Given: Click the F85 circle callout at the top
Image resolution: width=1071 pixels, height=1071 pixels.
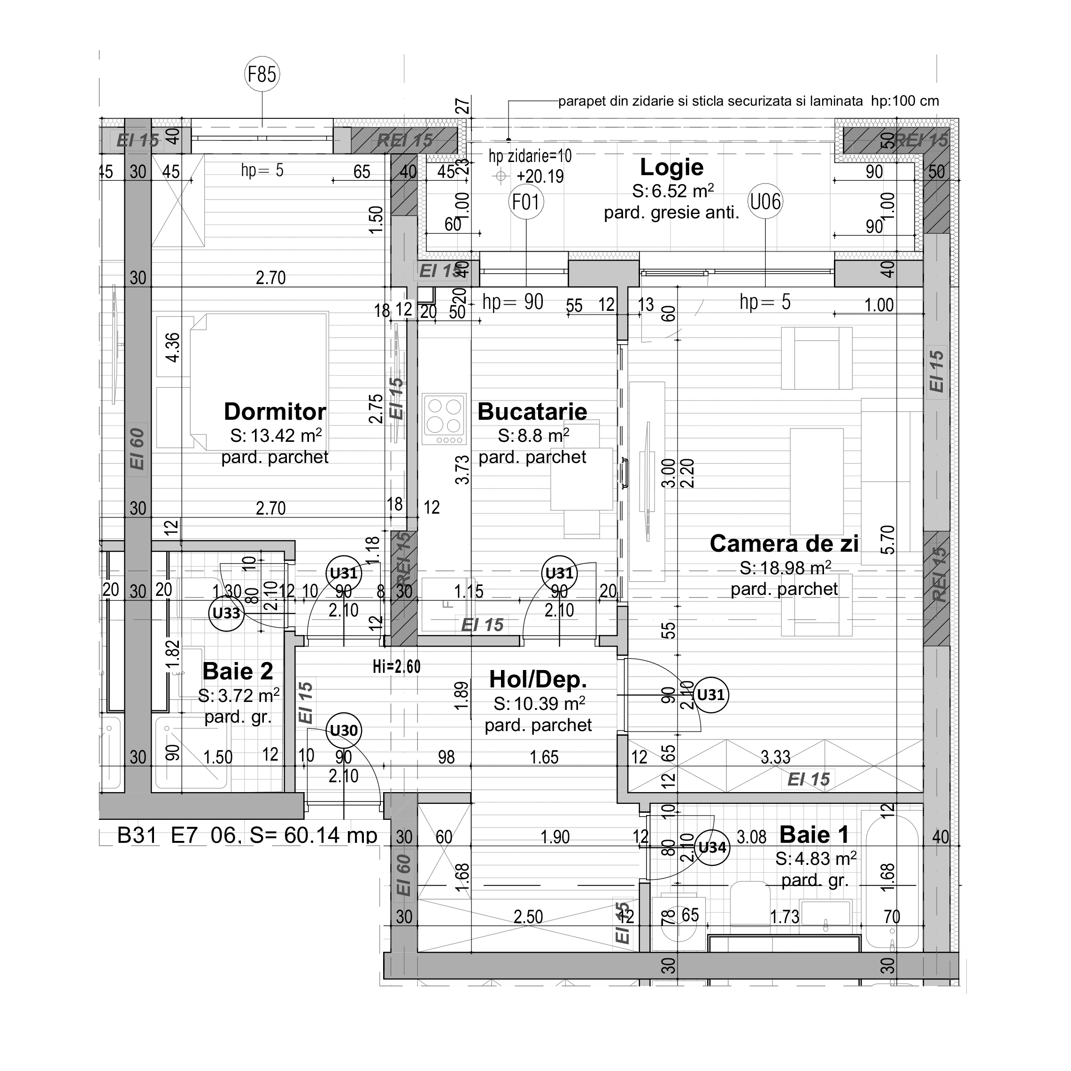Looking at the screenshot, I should click(x=262, y=74).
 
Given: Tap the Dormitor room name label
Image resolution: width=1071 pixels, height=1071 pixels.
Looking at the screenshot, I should click(x=275, y=412).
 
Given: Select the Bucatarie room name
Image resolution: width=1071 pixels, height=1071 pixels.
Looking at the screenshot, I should click(x=532, y=412).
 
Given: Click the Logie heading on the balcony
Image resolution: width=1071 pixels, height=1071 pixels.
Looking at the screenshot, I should click(x=671, y=167).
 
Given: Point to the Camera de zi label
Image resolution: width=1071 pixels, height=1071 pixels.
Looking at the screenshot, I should click(x=784, y=544).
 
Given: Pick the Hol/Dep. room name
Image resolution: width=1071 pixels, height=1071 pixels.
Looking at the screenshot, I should click(x=538, y=679).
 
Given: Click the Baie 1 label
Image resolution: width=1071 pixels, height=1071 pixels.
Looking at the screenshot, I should click(x=814, y=834).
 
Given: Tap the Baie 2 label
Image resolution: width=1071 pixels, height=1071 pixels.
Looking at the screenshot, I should click(x=238, y=671).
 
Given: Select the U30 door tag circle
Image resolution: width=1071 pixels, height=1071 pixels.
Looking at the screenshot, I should click(x=344, y=730).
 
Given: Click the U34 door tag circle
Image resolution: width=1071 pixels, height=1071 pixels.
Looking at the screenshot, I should click(x=712, y=847).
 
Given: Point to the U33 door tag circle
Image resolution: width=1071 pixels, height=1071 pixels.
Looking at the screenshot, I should click(x=226, y=613).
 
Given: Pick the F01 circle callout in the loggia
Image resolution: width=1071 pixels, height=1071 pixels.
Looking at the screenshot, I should click(x=525, y=202).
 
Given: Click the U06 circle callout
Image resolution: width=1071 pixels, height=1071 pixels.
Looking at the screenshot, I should click(x=765, y=202).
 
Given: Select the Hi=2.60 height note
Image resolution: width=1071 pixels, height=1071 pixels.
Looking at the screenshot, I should click(x=396, y=666).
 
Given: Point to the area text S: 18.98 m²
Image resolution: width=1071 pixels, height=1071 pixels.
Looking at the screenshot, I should click(x=785, y=568).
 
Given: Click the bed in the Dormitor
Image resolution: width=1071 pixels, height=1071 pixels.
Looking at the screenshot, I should click(x=259, y=383).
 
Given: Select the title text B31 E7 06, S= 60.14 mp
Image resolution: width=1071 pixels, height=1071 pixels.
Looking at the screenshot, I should click(x=247, y=835).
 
